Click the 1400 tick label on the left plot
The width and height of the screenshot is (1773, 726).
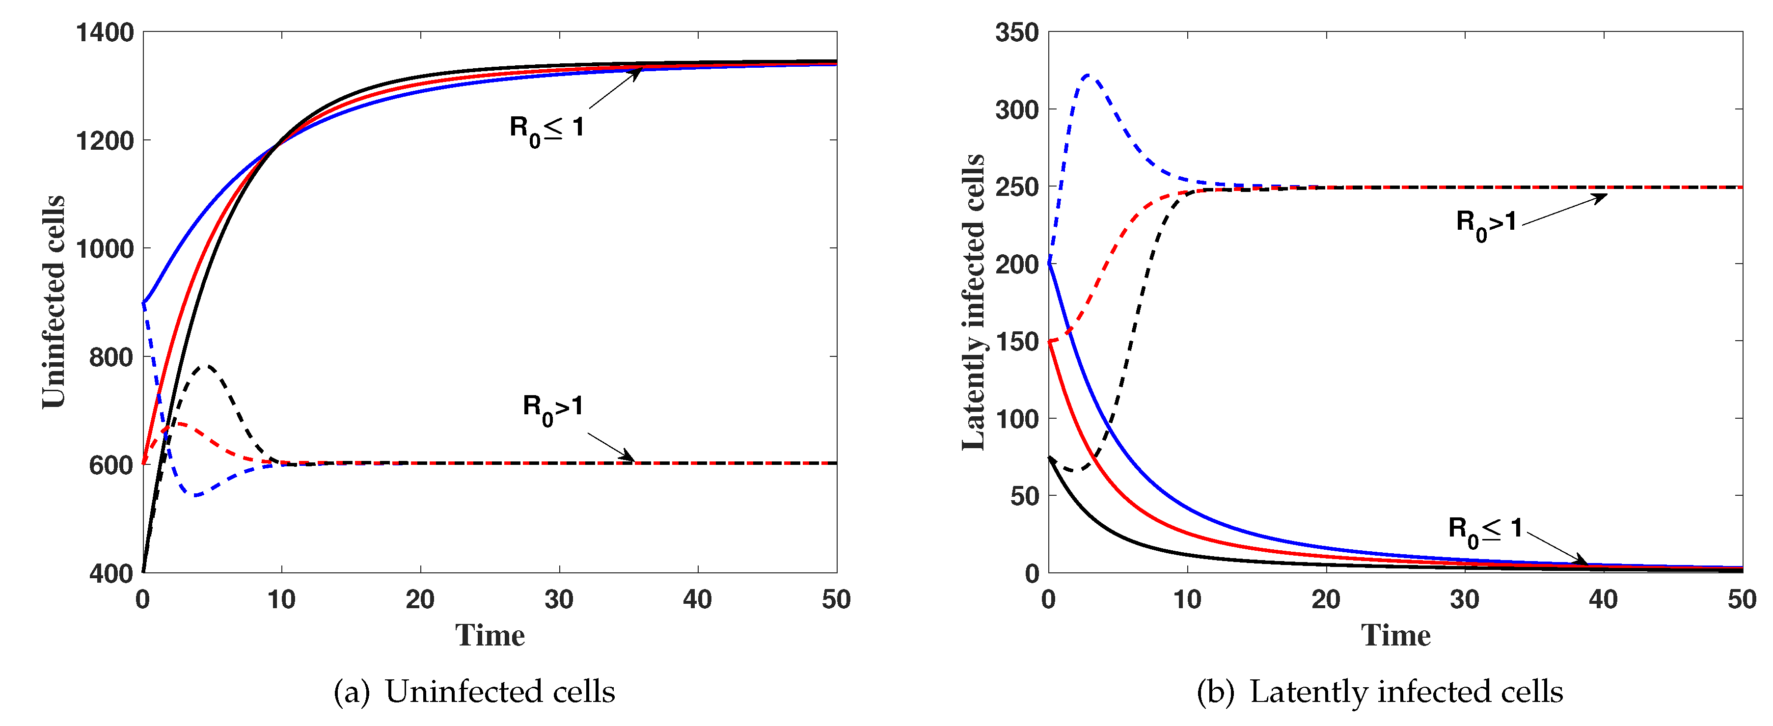[x=105, y=32]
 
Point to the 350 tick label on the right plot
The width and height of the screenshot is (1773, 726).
[x=1016, y=32]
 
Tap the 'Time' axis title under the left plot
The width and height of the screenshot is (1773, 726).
[x=490, y=635]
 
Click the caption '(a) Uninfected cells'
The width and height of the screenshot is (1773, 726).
[x=474, y=691]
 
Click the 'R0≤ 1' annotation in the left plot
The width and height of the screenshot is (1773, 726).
[x=546, y=130]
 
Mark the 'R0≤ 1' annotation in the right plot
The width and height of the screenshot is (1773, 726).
[x=1485, y=531]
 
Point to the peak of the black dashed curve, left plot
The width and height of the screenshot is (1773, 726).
[x=207, y=365]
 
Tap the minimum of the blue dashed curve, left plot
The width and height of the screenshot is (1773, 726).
[x=196, y=495]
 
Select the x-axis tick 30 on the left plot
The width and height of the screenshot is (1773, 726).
[x=559, y=599]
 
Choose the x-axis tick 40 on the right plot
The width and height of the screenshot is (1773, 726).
[x=1603, y=599]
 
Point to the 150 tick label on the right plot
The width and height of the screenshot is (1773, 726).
[x=1016, y=341]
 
